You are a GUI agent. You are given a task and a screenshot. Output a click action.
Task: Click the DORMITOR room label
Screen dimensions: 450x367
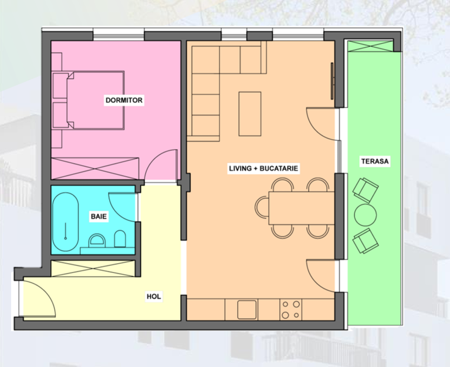point(124,100)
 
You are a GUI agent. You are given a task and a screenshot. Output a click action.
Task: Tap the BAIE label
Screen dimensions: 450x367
point(99,216)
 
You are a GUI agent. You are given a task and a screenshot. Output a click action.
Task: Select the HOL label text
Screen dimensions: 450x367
point(154,297)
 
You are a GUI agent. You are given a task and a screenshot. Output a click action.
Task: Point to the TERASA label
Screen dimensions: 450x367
point(375,161)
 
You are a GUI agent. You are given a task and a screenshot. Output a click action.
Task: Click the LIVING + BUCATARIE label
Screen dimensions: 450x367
point(263,168)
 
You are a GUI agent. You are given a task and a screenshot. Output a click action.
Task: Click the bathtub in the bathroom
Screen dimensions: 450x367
point(66,222)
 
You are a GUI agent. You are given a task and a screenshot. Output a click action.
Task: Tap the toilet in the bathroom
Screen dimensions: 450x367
point(120,239)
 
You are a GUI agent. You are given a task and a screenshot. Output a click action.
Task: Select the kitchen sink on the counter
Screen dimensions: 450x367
point(247,309)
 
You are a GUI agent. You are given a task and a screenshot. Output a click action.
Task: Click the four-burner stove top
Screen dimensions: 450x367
point(291,309)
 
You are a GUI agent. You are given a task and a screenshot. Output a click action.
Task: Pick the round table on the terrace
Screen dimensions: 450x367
point(366,215)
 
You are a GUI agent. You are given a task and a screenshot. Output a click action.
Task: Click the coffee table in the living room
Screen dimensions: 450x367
point(250,114)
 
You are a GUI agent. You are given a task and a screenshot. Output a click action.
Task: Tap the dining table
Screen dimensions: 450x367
point(302,208)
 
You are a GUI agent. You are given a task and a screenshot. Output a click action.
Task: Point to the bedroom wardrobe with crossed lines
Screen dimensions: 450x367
point(95,169)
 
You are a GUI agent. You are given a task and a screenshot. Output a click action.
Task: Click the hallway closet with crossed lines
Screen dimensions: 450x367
point(93,268)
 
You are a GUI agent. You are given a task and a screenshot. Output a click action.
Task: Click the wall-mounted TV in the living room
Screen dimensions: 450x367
point(332,81)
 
